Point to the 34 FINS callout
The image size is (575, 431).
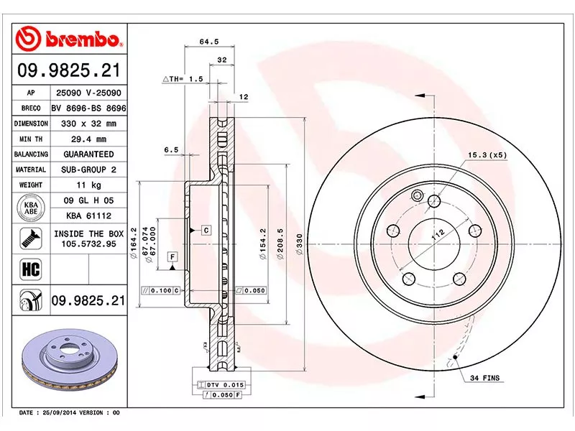[x=484, y=377]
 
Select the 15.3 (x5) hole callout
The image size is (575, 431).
[x=488, y=154]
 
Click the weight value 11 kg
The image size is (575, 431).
[x=88, y=185]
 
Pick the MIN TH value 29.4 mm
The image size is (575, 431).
[x=88, y=139]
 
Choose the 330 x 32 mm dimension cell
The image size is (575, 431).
[x=88, y=124]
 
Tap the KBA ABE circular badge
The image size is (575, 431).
[x=31, y=208]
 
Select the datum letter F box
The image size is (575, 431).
[x=172, y=256]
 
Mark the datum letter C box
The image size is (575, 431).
[x=206, y=230]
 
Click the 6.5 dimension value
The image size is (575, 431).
[x=170, y=149]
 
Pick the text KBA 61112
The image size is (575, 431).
[x=88, y=215]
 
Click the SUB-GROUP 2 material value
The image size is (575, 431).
[x=88, y=170]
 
